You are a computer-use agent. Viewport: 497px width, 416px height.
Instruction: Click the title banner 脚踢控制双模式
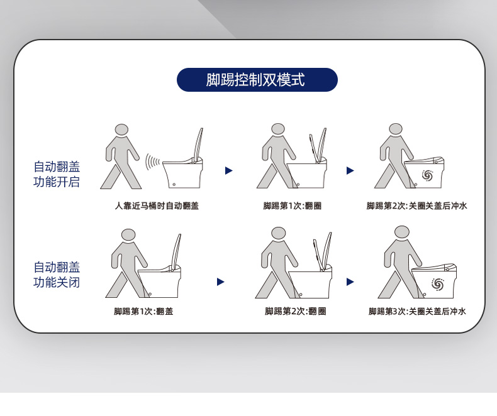click(257, 80)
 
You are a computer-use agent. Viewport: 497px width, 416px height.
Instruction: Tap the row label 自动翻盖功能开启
click(57, 174)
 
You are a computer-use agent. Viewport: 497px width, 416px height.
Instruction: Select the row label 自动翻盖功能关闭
click(57, 275)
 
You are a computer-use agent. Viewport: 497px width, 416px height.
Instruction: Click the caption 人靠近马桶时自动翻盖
click(157, 205)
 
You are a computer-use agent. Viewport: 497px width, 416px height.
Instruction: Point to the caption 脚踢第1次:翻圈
click(293, 205)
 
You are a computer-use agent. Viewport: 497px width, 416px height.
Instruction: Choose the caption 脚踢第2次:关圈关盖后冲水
click(417, 205)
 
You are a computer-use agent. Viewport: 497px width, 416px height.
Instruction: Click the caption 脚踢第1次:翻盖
click(143, 311)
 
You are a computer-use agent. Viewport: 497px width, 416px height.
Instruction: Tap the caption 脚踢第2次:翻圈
click(296, 311)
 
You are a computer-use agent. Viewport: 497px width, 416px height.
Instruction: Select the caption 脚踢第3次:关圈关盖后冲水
click(417, 311)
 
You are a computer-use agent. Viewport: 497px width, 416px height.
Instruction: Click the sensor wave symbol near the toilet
click(152, 162)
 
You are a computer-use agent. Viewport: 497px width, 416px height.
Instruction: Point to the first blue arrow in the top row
click(229, 171)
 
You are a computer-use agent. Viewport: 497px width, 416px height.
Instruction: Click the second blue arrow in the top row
click(350, 171)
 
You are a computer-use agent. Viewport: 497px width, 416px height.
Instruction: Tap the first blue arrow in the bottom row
click(221, 282)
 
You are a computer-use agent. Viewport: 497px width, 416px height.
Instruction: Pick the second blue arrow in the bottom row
click(350, 282)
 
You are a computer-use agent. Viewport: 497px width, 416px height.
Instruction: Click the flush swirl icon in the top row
click(427, 175)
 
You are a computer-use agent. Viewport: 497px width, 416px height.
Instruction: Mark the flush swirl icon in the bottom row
click(438, 283)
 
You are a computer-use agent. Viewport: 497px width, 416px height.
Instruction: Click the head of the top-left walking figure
click(121, 130)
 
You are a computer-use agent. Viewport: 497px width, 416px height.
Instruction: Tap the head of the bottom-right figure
click(402, 232)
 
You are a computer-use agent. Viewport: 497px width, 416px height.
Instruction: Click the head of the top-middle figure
click(278, 129)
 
